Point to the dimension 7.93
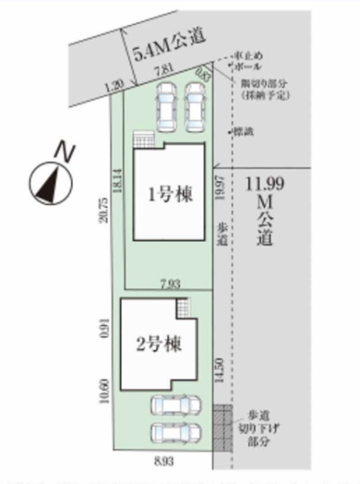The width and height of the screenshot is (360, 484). point(168,282)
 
